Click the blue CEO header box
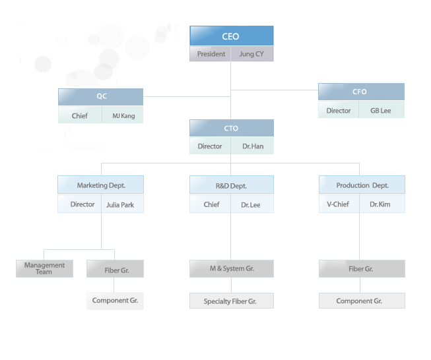pyautogui.click(x=232, y=36)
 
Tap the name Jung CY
pyautogui.click(x=251, y=54)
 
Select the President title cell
pyautogui.click(x=211, y=54)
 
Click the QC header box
pyautogui.click(x=100, y=97)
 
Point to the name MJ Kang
pyautogui.click(x=123, y=116)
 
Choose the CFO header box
pyautogui.click(x=361, y=92)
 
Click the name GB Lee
pyautogui.click(x=380, y=111)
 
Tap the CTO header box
pyautogui.click(x=232, y=128)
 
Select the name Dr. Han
pyautogui.click(x=253, y=146)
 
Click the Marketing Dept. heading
pyautogui.click(x=100, y=185)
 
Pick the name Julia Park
pyautogui.click(x=120, y=205)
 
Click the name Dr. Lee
pyautogui.click(x=250, y=205)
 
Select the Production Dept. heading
pyautogui.click(x=362, y=185)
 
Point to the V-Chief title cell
pyautogui.click(x=339, y=204)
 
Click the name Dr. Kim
pyautogui.click(x=380, y=204)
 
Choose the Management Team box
pyautogui.click(x=44, y=268)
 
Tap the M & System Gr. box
pyautogui.click(x=232, y=268)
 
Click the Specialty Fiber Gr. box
pyautogui.click(x=232, y=301)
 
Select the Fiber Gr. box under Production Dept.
pyautogui.click(x=362, y=268)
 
